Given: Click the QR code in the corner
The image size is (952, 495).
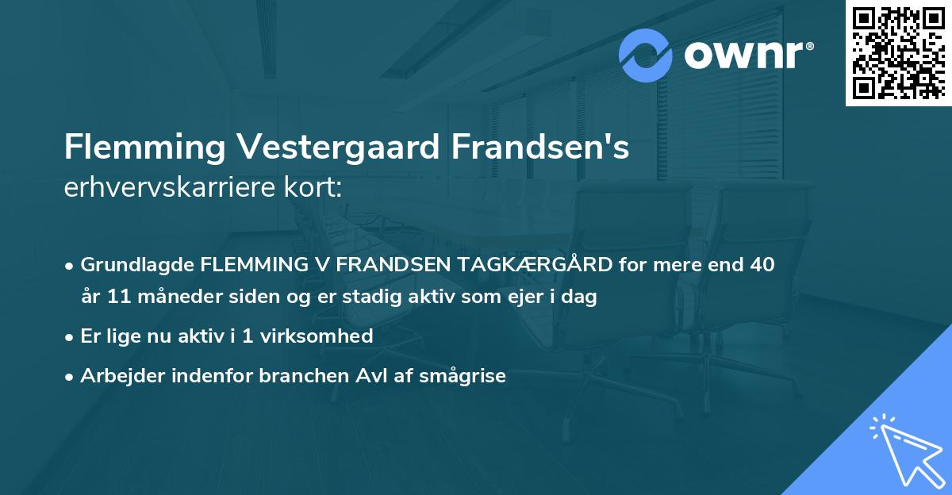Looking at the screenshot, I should [x=898, y=52].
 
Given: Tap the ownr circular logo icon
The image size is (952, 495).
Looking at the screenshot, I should [x=646, y=55].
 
